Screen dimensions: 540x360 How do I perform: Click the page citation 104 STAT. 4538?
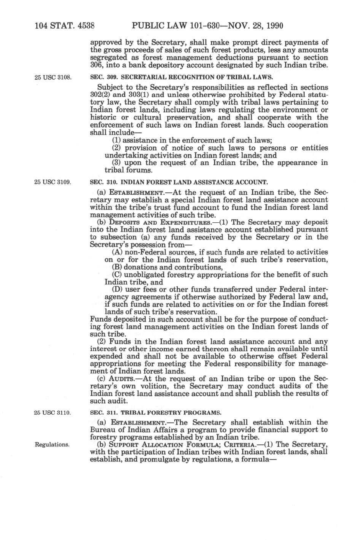tap(64, 26)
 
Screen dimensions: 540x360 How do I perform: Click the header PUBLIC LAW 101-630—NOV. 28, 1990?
tap(207, 26)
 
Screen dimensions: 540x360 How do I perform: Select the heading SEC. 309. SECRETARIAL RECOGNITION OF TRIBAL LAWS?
tap(181, 77)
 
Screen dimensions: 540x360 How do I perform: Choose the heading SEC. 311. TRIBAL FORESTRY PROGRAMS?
tap(155, 413)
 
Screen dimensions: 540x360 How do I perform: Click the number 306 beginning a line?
tap(95, 65)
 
